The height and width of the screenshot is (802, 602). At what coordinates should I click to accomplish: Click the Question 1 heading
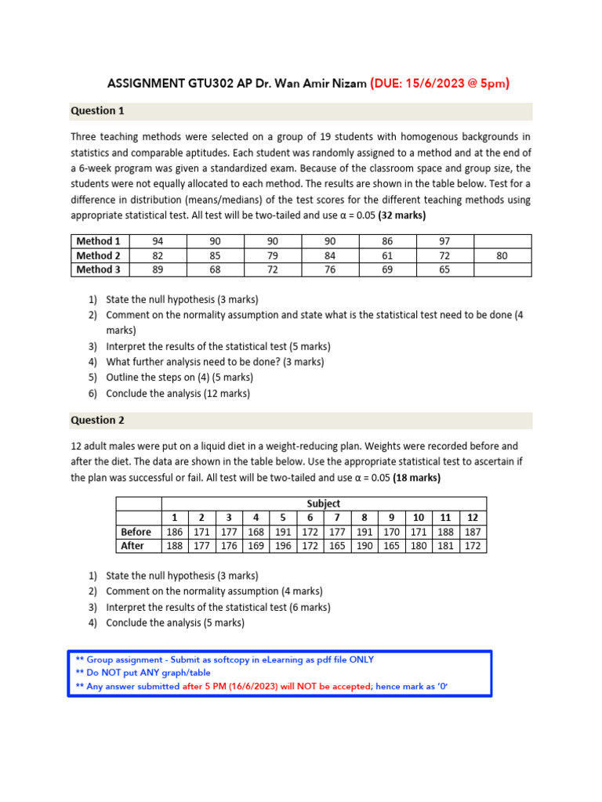click(x=98, y=111)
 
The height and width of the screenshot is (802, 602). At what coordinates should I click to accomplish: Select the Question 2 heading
click(x=98, y=421)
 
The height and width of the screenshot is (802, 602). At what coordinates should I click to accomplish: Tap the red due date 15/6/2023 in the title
click(x=440, y=84)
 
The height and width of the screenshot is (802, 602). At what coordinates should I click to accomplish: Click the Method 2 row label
click(x=99, y=255)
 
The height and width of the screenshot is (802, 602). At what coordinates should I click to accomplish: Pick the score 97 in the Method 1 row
click(x=445, y=241)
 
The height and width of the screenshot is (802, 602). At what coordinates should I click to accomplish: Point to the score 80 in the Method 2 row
click(x=502, y=255)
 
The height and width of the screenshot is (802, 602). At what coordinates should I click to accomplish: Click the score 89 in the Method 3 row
click(x=158, y=269)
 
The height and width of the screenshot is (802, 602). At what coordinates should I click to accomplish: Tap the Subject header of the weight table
click(x=324, y=504)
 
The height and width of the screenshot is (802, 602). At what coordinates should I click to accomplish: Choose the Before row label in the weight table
click(x=136, y=532)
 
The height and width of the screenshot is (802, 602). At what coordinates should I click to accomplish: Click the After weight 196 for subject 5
click(x=283, y=546)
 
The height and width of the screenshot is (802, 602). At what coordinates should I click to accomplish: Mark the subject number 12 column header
click(x=472, y=518)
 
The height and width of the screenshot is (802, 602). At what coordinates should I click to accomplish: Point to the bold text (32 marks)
click(x=402, y=215)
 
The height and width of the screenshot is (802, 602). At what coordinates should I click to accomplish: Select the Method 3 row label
click(x=99, y=269)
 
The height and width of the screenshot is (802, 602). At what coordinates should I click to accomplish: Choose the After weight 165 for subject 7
click(x=337, y=546)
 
